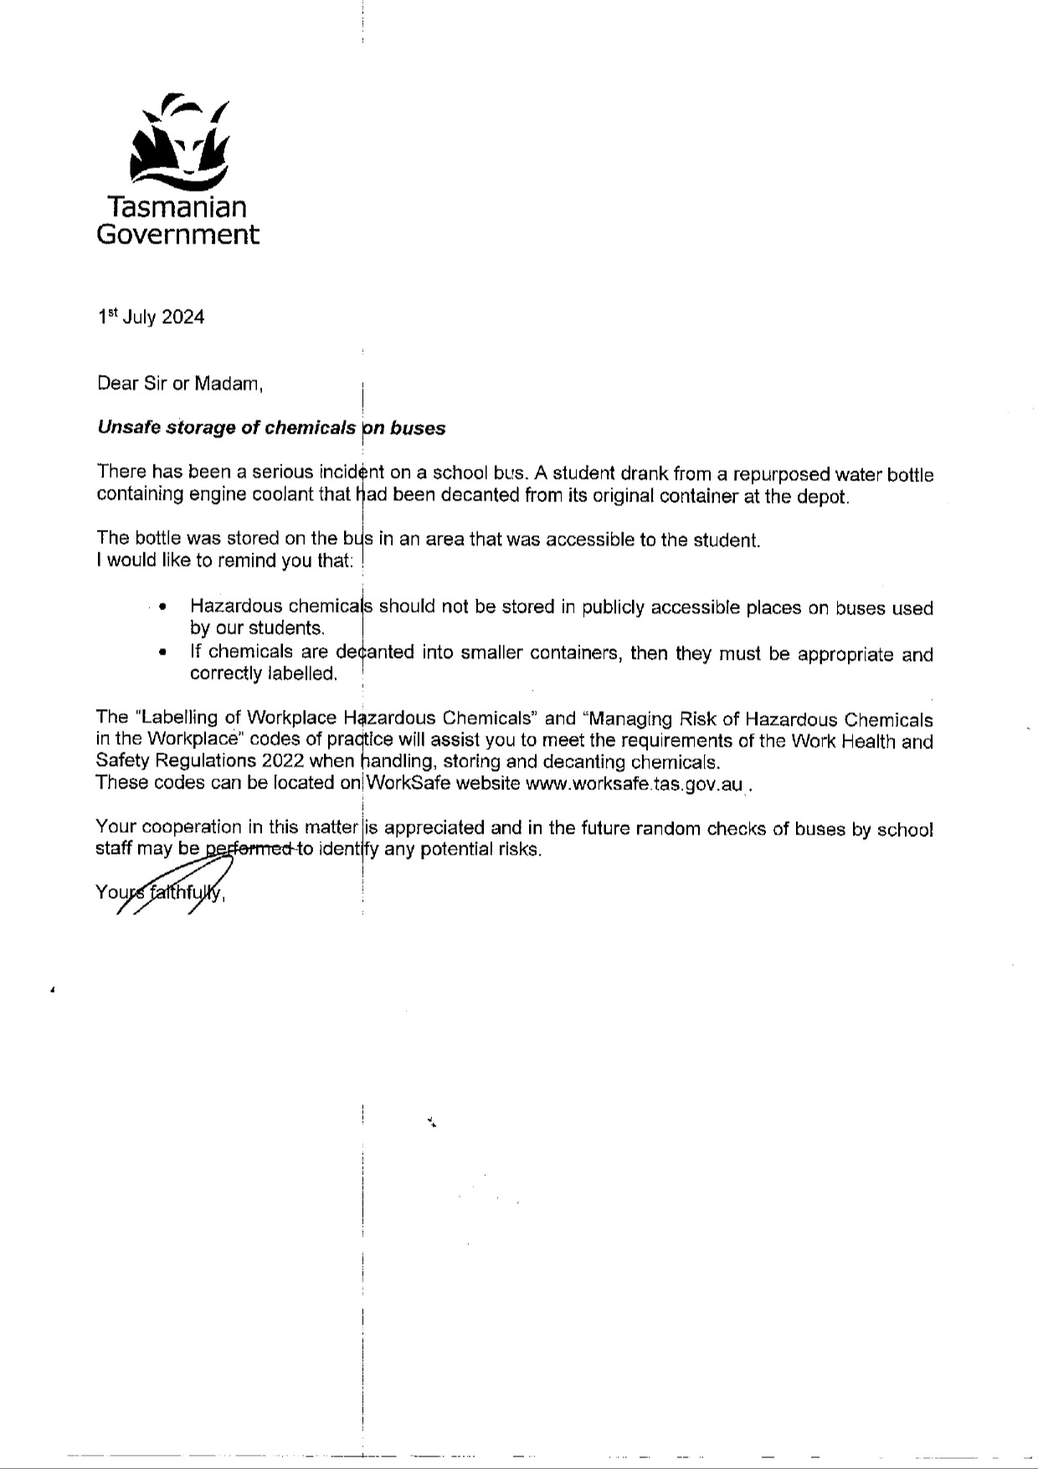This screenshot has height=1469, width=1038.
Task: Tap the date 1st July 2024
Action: click(x=151, y=316)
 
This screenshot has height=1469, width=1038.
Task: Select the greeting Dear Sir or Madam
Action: click(x=180, y=383)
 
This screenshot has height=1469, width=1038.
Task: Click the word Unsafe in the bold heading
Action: click(x=129, y=428)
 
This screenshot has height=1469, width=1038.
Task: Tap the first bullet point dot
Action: click(x=162, y=607)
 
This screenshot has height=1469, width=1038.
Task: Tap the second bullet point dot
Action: click(x=162, y=652)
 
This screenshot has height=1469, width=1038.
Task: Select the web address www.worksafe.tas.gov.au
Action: click(x=634, y=784)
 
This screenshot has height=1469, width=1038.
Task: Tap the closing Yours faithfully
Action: click(x=160, y=892)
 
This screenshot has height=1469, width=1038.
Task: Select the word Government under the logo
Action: click(x=177, y=234)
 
